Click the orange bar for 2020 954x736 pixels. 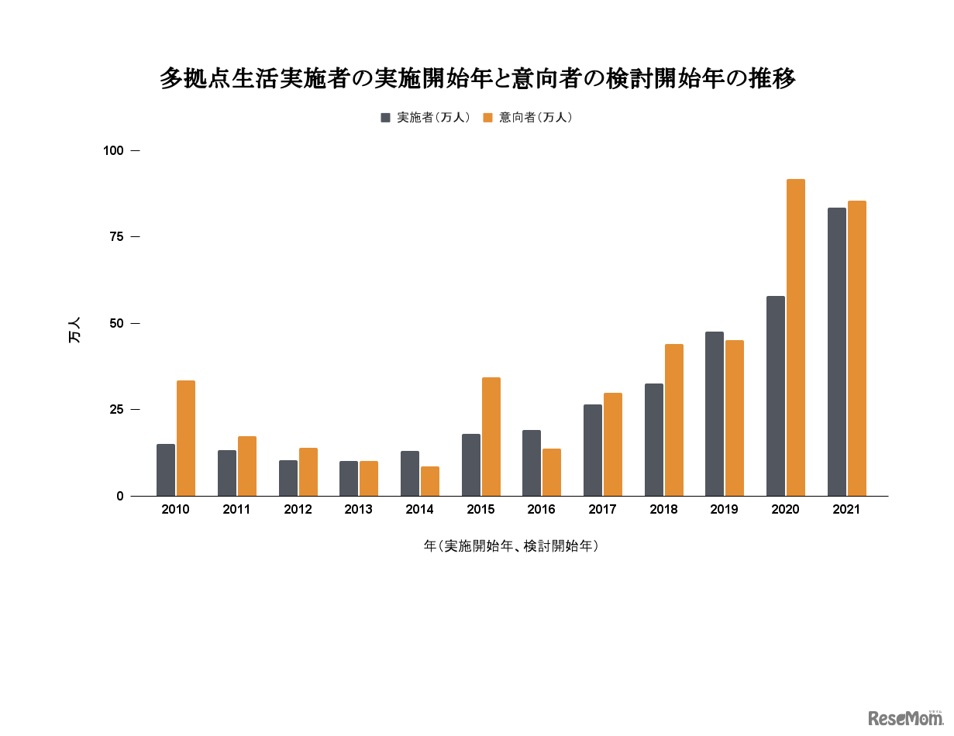796,338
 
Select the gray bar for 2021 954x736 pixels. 837,352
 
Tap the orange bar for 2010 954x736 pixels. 186,439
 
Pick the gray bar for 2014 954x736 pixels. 410,473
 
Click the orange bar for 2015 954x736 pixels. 491,437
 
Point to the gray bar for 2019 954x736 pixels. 715,414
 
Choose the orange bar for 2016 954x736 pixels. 552,473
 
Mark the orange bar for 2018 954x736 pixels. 674,420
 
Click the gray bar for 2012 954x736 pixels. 288,478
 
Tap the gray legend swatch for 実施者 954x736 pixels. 385,118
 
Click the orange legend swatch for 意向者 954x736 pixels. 487,118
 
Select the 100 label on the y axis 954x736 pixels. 113,150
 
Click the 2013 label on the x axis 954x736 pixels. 358,510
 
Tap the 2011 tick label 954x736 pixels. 236,510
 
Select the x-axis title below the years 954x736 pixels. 511,546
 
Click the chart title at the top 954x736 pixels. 477,78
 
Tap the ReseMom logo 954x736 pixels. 905,718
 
